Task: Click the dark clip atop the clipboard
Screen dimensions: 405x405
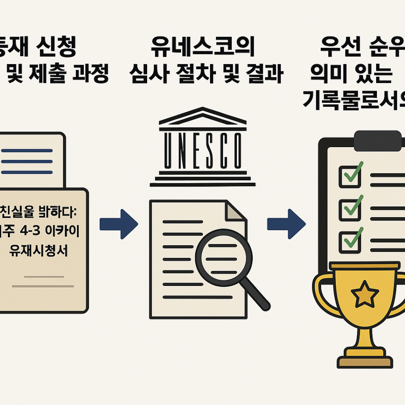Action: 378,140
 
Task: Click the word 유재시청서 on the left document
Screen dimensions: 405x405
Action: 38,251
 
